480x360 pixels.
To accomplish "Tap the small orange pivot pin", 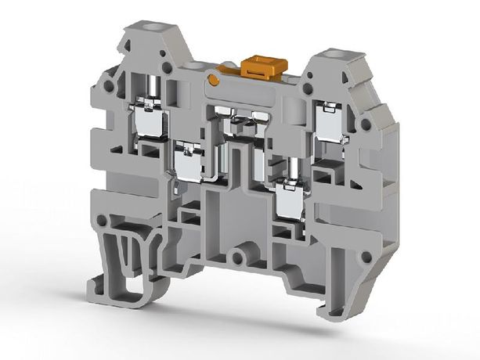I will [214, 79].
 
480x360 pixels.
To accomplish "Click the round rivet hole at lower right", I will [365, 256].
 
